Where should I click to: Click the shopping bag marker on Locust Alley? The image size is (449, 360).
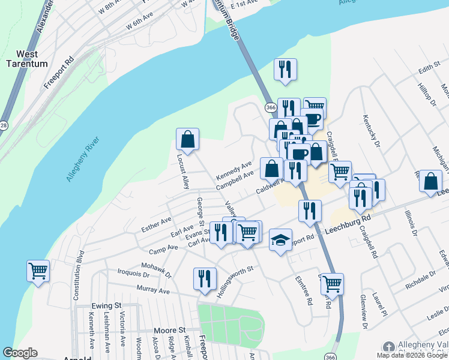pos(187,139)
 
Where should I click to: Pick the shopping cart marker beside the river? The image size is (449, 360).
pos(38,271)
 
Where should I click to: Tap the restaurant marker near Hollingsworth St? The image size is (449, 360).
pos(205,278)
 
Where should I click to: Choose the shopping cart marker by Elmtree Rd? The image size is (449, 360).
pos(332,284)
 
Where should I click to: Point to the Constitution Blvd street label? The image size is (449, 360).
pos(77,275)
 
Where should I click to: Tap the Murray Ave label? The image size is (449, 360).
pos(154,290)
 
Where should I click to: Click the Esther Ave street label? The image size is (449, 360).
pos(157,225)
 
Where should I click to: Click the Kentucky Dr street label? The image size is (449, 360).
pos(370,130)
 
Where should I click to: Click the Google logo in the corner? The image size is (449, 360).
pos(20,353)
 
